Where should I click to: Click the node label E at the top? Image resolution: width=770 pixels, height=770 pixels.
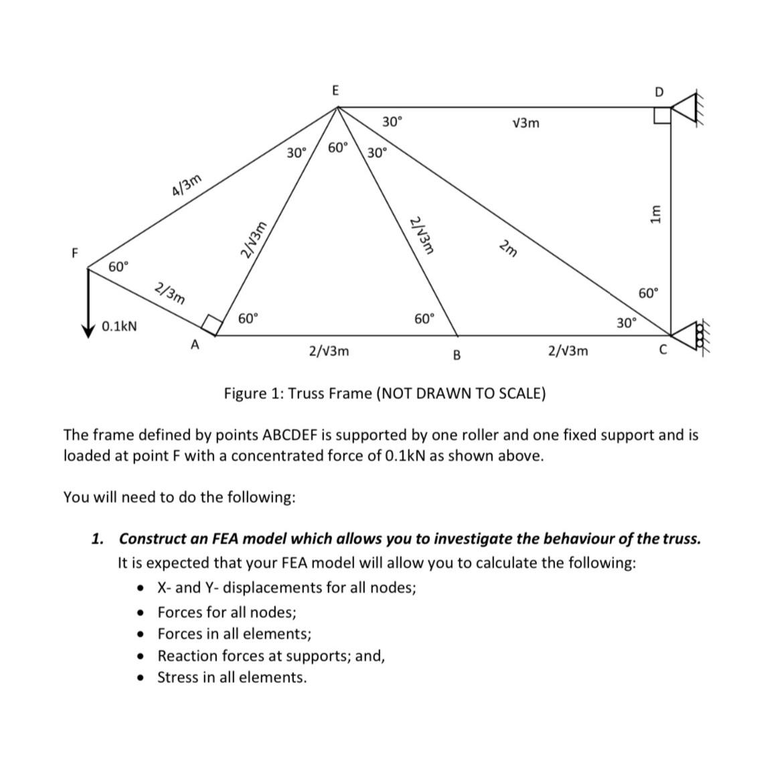335,90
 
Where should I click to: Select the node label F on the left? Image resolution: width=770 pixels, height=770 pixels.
75,252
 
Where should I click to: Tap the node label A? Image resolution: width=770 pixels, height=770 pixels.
195,345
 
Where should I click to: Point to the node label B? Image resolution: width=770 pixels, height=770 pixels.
457,354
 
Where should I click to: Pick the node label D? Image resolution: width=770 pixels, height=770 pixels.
660,92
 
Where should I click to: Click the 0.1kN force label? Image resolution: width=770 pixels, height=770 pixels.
120,327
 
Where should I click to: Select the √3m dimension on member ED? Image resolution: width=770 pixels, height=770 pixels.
524,123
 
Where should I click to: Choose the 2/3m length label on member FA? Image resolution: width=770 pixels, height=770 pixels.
169,293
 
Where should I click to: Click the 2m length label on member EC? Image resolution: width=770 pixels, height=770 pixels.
508,248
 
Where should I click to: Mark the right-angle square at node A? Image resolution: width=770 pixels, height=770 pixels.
212,324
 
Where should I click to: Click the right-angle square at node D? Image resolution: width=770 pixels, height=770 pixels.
662,116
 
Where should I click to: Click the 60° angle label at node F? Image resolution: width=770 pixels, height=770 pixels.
119,267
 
